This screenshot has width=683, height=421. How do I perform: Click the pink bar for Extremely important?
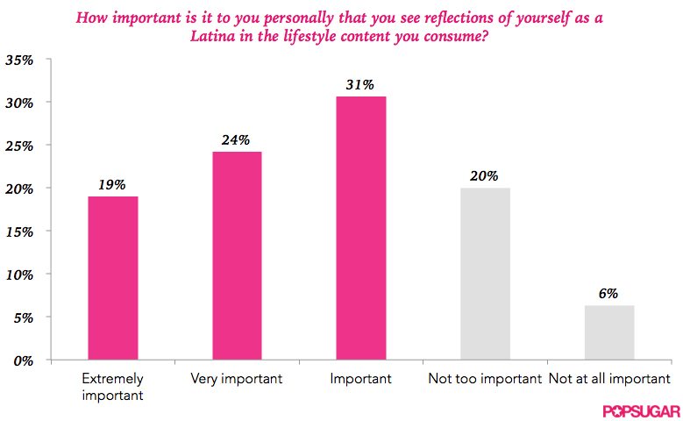point(112,278)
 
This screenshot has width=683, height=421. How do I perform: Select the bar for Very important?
point(237,255)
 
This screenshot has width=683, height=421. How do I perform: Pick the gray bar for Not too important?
point(485,274)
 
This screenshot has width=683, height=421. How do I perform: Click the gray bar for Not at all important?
point(608,332)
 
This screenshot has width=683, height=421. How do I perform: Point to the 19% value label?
point(112,185)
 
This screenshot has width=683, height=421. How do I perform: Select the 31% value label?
point(360,85)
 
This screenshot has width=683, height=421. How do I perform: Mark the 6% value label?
point(608,294)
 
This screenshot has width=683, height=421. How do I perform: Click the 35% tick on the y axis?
point(19,61)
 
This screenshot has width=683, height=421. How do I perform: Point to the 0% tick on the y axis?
point(23,360)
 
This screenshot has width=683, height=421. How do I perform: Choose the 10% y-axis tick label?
point(19,275)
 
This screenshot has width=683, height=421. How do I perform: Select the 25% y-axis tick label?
point(19,146)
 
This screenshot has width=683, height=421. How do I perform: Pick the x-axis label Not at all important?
point(608,379)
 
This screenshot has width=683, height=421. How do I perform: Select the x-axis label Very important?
point(237,379)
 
